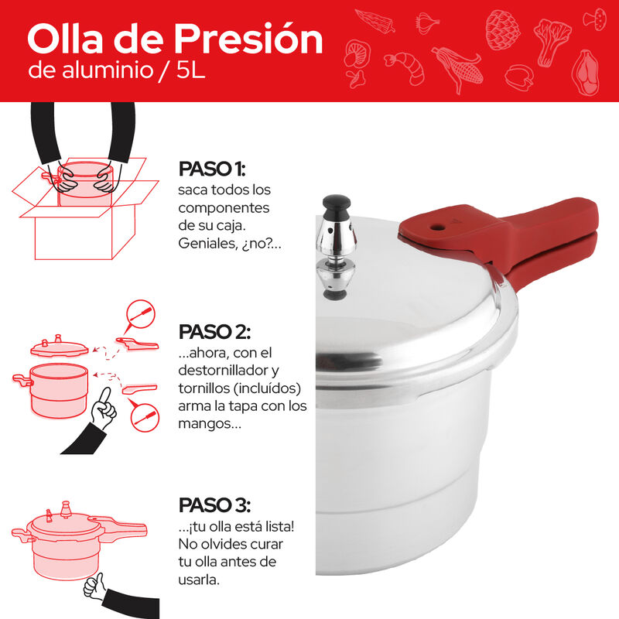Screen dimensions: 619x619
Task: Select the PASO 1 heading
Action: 211,169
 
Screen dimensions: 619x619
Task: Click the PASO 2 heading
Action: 214,332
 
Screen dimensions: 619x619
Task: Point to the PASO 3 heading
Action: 214,505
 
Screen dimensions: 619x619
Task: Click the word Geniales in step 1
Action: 205,242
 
